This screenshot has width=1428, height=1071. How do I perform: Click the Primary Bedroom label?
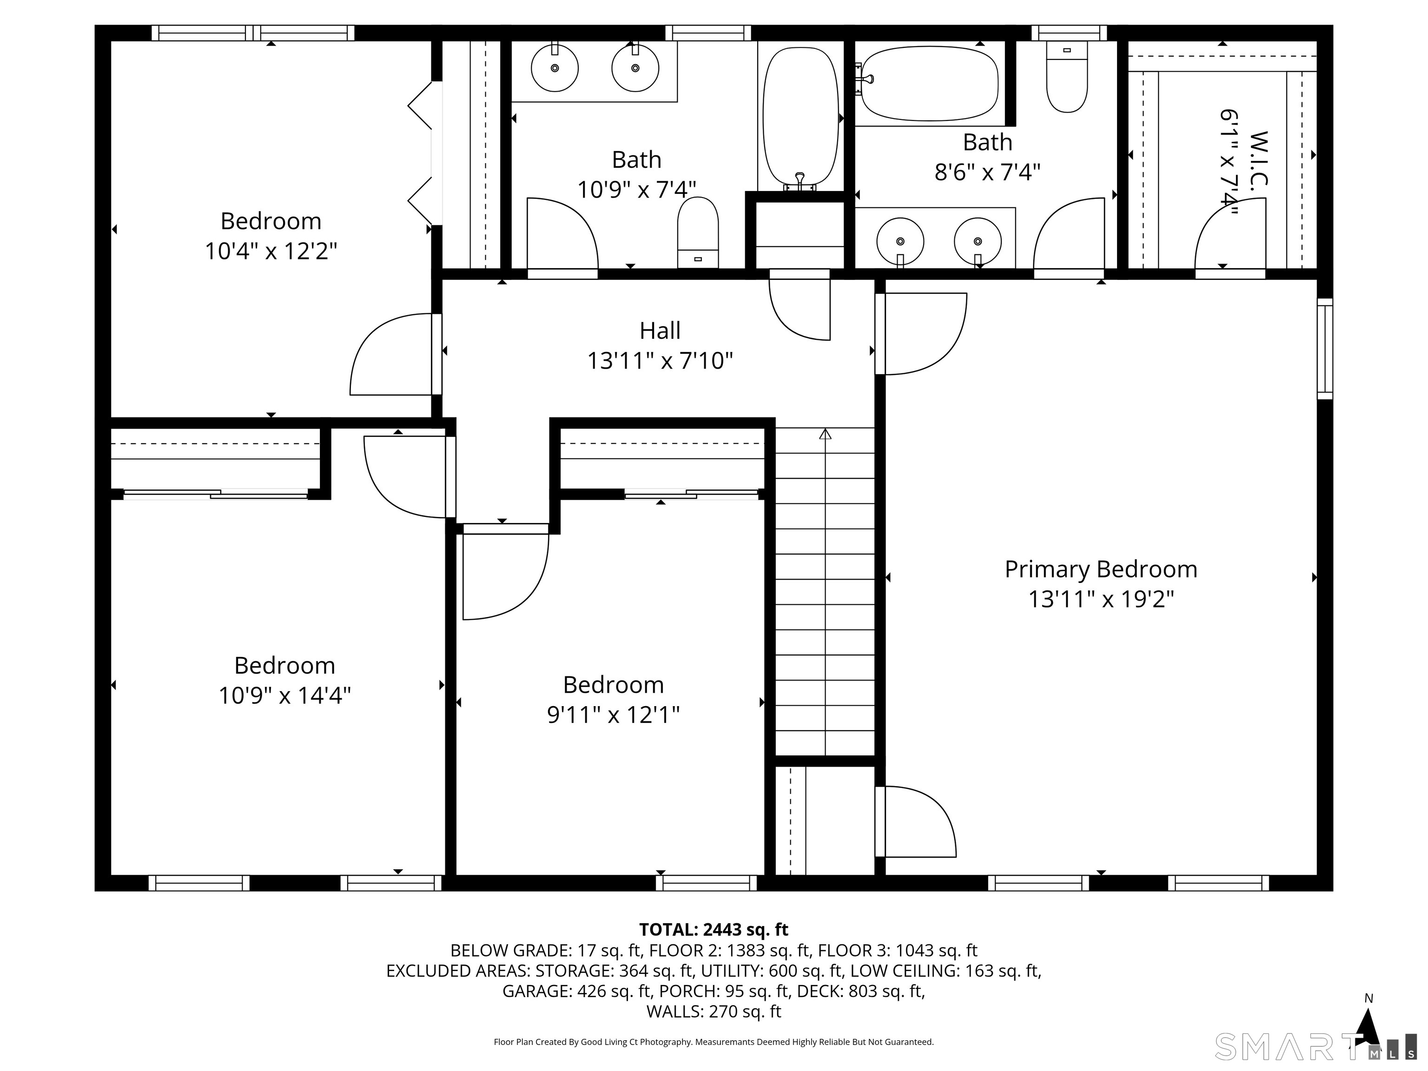(x=1101, y=569)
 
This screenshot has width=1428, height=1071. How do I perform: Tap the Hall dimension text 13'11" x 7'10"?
(x=660, y=360)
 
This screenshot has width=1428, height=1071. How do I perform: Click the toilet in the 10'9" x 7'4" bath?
(x=698, y=232)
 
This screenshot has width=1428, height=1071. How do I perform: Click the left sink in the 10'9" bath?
(x=555, y=68)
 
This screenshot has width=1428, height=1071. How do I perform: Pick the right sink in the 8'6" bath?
(x=978, y=241)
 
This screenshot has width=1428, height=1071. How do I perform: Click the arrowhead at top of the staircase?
(x=825, y=434)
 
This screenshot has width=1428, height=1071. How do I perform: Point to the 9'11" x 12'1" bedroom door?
(x=503, y=575)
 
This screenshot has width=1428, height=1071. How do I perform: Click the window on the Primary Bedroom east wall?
(x=1325, y=349)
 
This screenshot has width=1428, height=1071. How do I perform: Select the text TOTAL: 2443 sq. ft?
(x=714, y=930)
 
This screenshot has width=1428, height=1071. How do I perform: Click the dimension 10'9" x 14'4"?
(x=284, y=695)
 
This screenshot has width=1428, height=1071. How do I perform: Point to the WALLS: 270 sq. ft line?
(x=714, y=1011)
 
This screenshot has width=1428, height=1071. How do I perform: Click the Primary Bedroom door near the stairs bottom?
(x=917, y=822)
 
